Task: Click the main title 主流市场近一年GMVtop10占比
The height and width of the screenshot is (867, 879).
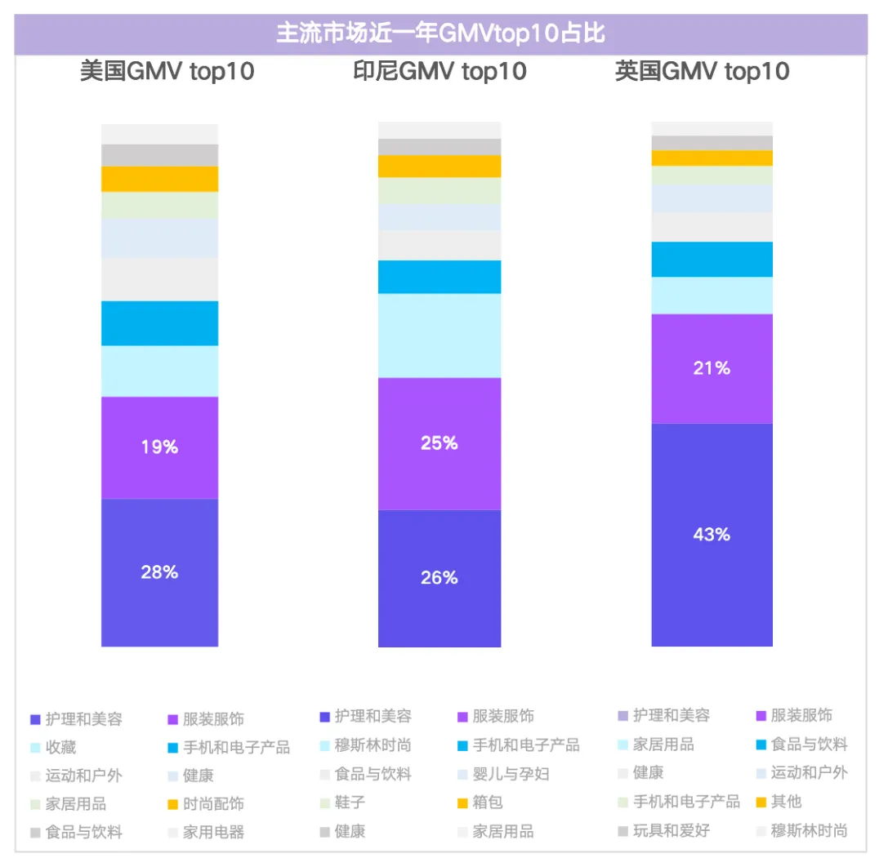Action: (x=440, y=34)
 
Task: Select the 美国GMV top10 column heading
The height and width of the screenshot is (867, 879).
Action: (x=167, y=72)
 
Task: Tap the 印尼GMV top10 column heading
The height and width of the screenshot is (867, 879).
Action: (x=439, y=72)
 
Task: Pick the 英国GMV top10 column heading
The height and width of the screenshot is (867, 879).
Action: (x=702, y=72)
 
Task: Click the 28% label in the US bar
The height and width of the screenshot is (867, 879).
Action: (x=159, y=572)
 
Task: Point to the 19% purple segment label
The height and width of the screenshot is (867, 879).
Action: (x=159, y=447)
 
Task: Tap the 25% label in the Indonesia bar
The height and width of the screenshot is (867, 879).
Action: (x=439, y=443)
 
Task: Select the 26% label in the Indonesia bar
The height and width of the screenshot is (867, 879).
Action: (x=439, y=578)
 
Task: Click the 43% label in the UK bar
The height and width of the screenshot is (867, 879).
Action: (x=712, y=535)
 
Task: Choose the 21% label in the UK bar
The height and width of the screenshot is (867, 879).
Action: (x=712, y=368)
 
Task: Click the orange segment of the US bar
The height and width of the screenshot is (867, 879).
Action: (x=159, y=179)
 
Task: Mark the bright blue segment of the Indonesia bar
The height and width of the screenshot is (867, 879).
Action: (x=439, y=277)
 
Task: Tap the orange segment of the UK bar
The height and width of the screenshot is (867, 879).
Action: (x=712, y=158)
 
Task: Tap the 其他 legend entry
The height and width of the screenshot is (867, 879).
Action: (x=786, y=802)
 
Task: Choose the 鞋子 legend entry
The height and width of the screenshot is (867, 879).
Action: (x=350, y=803)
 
